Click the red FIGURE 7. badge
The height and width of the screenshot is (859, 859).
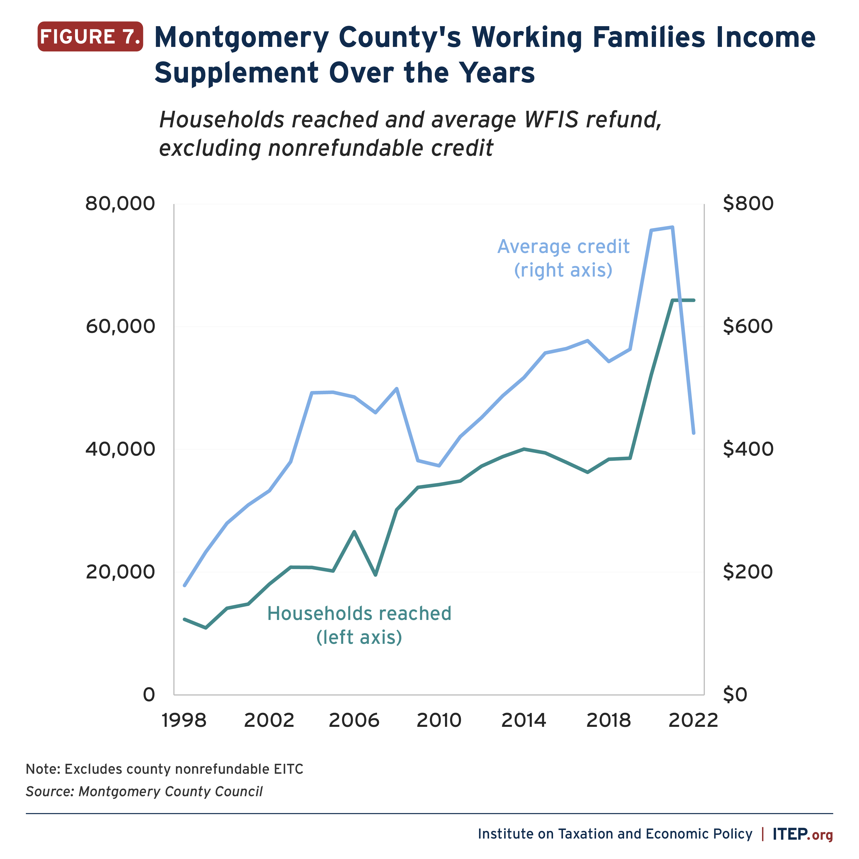(90, 36)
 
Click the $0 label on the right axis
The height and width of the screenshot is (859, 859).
(735, 694)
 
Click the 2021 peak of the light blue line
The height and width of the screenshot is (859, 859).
(672, 227)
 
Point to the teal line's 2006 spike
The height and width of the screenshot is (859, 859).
(354, 532)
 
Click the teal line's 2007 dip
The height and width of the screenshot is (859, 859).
(375, 575)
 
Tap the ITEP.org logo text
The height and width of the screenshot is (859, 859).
(802, 834)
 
